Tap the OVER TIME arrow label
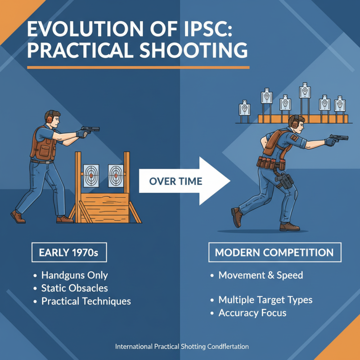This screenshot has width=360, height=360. [175, 182]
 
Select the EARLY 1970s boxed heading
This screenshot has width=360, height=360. [69, 252]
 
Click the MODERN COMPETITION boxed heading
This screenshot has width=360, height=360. [274, 252]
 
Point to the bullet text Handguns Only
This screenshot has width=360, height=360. [74, 275]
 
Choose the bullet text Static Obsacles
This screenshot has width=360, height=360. [74, 288]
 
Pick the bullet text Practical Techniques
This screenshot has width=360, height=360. [86, 301]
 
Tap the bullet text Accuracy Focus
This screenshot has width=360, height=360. [252, 312]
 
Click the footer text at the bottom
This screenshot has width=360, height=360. [182, 347]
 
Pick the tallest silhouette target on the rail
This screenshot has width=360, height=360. [306, 91]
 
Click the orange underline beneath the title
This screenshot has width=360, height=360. [138, 67]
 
